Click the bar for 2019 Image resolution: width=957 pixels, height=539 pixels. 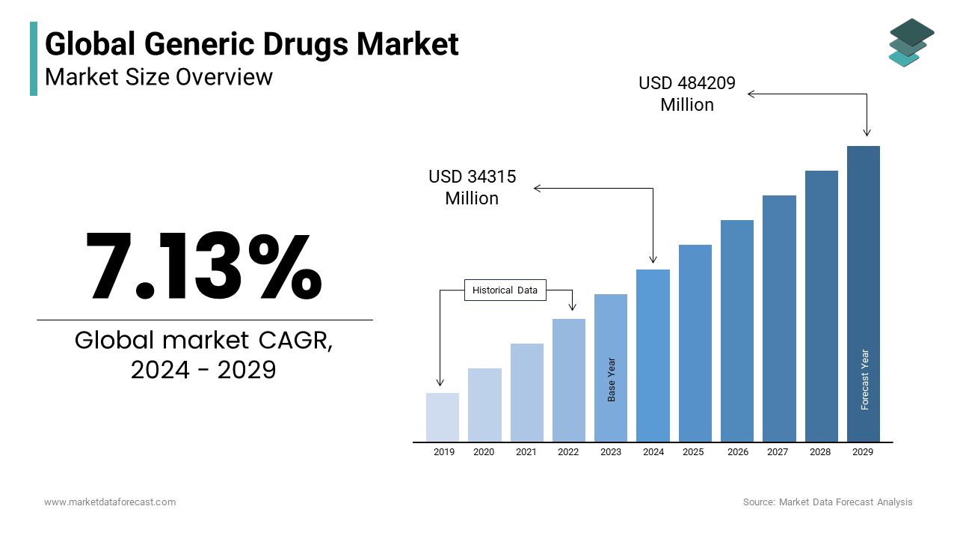pyautogui.click(x=443, y=417)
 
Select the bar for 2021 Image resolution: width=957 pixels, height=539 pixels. pyautogui.click(x=527, y=392)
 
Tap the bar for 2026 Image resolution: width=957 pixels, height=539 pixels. pyautogui.click(x=737, y=330)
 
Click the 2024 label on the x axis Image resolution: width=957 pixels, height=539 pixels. pyautogui.click(x=653, y=452)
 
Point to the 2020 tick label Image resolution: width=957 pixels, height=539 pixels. pyautogui.click(x=484, y=452)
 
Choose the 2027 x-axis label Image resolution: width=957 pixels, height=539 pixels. pyautogui.click(x=778, y=452)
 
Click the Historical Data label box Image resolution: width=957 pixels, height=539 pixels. pyautogui.click(x=505, y=290)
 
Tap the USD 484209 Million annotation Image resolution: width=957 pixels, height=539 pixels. pyautogui.click(x=687, y=94)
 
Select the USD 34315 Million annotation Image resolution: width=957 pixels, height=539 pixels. pyautogui.click(x=472, y=188)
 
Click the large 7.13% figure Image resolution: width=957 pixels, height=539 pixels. pyautogui.click(x=203, y=267)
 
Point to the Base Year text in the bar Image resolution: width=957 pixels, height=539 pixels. pyautogui.click(x=612, y=379)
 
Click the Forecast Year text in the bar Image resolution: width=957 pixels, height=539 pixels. pyautogui.click(x=865, y=380)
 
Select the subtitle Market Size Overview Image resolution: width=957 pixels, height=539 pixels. pyautogui.click(x=159, y=77)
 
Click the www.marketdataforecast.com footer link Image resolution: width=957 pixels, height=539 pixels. pyautogui.click(x=110, y=502)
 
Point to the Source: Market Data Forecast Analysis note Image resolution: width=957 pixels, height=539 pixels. pyautogui.click(x=828, y=502)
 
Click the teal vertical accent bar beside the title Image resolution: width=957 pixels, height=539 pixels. pyautogui.click(x=34, y=58)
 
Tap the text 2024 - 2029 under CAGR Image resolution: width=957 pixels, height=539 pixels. pyautogui.click(x=203, y=370)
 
